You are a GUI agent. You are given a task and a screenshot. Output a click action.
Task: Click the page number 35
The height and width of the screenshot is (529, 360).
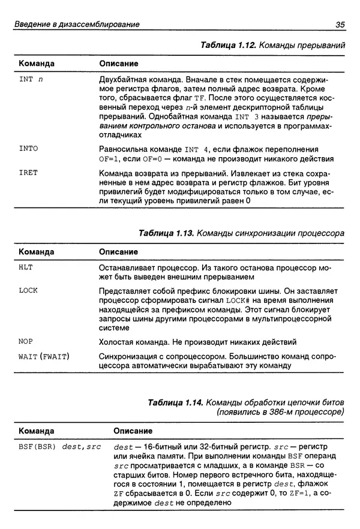pos(339,25)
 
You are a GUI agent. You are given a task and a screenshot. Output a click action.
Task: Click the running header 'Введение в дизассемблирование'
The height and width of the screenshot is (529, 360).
pos(77,25)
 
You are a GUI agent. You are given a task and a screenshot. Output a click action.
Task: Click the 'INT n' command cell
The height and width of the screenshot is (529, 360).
pos(31,79)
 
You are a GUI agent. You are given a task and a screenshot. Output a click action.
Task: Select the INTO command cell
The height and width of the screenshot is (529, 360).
pos(28,148)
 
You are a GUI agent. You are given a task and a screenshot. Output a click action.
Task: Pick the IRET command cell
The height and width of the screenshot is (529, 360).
pos(28,173)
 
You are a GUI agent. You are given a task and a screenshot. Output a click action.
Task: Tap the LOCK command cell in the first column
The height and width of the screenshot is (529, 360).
pos(28,290)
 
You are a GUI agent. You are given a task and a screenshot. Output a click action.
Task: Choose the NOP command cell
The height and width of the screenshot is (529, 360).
pos(26,342)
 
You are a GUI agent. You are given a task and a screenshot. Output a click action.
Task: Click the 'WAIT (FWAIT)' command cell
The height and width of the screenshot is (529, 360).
pos(44,357)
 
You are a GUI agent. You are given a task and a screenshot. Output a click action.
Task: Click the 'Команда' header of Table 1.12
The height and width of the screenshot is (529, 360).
pos(37,63)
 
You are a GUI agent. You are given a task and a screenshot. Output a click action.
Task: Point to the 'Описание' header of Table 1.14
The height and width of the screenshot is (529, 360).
pos(133,431)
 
